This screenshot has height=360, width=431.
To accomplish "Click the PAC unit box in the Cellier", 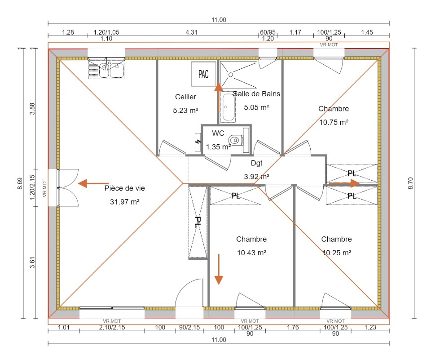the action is click(204, 74).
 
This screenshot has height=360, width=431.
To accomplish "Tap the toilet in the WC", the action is click(236, 140).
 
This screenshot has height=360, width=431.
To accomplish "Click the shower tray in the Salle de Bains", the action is click(238, 75).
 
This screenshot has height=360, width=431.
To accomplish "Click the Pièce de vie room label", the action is click(124, 188).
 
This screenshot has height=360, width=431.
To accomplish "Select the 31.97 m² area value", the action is click(124, 202).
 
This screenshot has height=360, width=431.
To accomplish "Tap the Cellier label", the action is click(185, 97).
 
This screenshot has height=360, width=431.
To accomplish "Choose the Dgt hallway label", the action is click(256, 163).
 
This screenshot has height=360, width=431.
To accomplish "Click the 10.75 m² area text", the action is click(334, 122).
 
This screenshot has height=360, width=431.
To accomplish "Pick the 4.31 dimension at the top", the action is click(191, 32).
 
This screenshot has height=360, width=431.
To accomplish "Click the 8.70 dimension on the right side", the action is click(410, 183).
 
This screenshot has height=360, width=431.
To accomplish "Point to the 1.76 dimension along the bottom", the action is click(293, 327).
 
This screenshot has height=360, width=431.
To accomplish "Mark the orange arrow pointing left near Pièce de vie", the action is click(93, 183).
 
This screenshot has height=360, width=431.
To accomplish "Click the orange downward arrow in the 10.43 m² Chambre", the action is click(219, 270).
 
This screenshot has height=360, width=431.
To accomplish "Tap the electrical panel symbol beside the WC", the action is click(198, 142).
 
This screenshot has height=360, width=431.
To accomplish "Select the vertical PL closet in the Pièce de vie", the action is click(198, 222).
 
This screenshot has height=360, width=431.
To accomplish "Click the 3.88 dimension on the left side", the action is click(32, 108).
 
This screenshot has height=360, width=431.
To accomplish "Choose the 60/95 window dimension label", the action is click(268, 32).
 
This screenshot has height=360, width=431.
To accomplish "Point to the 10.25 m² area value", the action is click(336, 253).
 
